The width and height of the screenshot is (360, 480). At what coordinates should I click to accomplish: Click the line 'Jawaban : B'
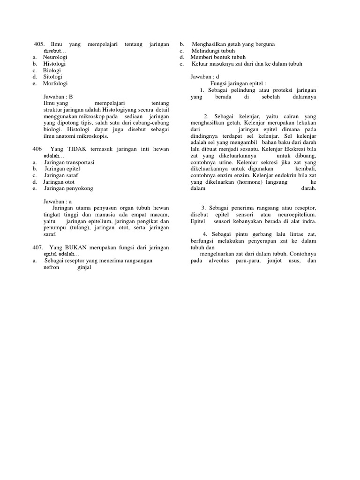tap(58, 97)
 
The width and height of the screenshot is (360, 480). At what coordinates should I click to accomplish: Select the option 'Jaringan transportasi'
tap(69, 162)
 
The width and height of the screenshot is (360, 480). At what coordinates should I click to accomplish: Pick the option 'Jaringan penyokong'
tap(68, 188)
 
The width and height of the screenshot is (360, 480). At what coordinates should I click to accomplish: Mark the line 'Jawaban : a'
tap(57, 202)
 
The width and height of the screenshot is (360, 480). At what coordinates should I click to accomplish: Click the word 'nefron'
tap(52, 268)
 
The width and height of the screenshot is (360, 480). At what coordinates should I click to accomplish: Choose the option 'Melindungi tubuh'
tap(213, 51)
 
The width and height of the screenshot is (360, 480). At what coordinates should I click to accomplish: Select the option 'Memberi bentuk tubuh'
tap(215, 57)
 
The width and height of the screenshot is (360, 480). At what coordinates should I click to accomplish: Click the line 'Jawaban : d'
tap(205, 76)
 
